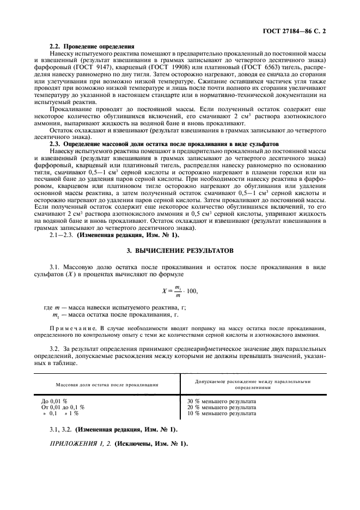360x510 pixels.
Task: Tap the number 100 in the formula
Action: (191, 291)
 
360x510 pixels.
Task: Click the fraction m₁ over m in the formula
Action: (177, 291)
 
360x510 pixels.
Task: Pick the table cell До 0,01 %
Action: (55, 401)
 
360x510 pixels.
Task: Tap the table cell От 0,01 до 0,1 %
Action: (64, 407)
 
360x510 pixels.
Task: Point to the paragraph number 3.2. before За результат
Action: (57, 348)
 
